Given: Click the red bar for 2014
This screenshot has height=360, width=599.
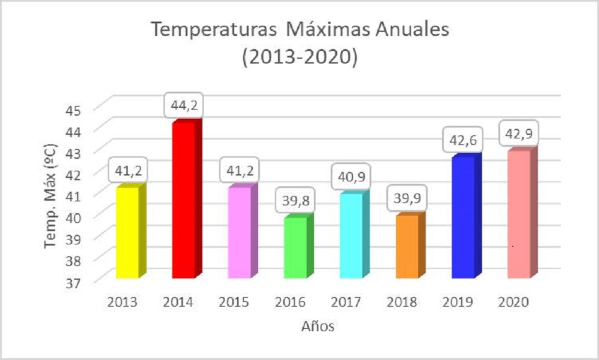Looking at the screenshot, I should click(183, 200).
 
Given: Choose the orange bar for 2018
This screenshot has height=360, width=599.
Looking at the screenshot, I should click(407, 246).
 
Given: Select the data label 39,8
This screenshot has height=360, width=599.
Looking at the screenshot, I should click(295, 201).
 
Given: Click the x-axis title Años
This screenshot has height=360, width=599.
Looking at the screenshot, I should click(318, 326).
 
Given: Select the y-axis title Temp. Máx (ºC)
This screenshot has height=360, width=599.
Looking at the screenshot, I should click(53, 195).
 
